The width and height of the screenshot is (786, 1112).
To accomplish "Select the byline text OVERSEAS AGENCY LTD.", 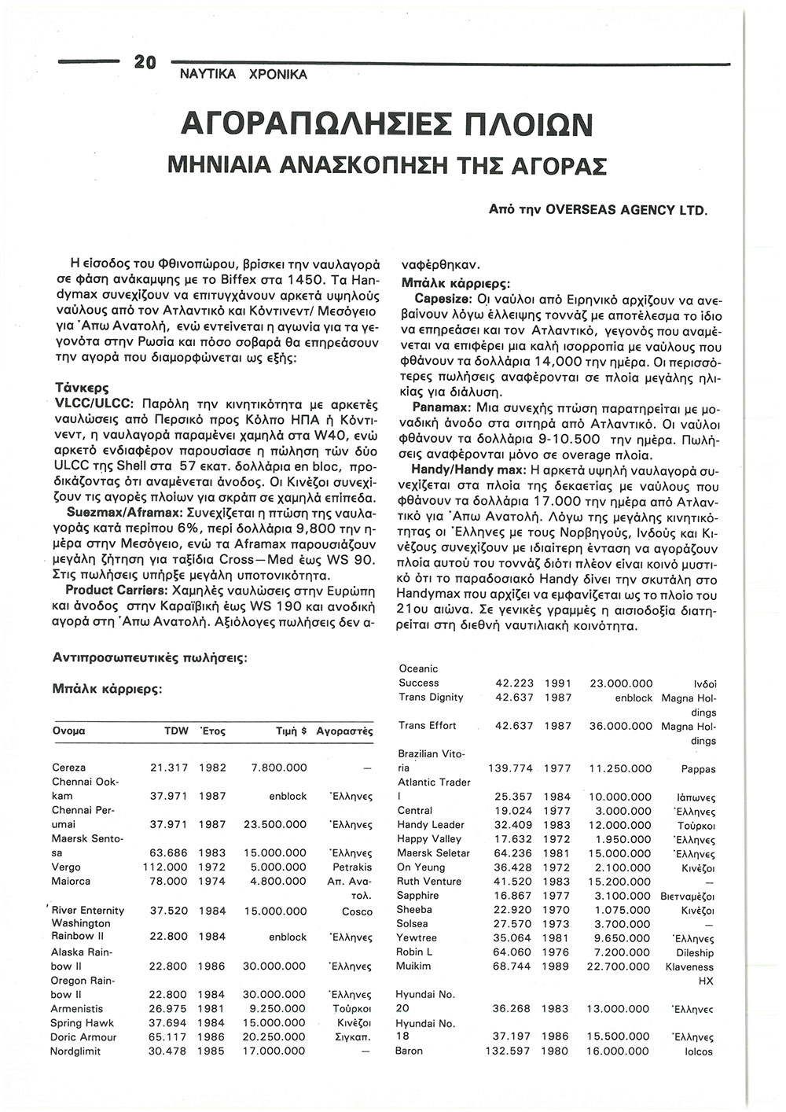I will click(x=626, y=211).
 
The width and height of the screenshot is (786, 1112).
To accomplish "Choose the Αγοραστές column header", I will click(x=343, y=731).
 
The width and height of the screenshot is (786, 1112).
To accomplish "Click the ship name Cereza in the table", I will click(x=69, y=767).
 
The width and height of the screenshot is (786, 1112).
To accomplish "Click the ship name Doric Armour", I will click(x=83, y=1037).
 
